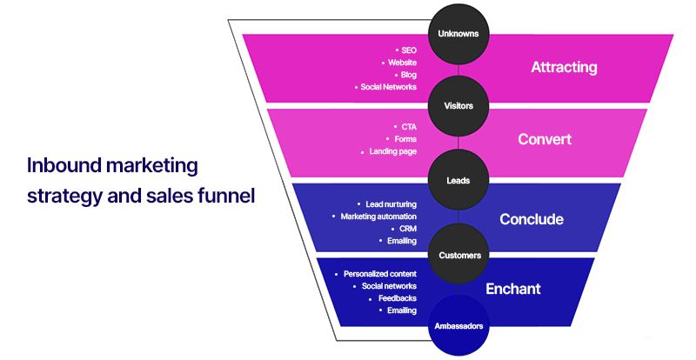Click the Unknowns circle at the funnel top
click(x=458, y=34)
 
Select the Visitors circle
click(x=458, y=105)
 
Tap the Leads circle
click(x=458, y=181)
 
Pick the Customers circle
click(x=458, y=255)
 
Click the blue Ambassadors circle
click(x=458, y=326)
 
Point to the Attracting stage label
click(x=564, y=67)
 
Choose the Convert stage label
click(x=545, y=139)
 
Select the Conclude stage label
click(x=532, y=218)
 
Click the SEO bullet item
click(x=408, y=50)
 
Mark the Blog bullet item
click(x=406, y=75)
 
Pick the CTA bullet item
click(x=408, y=126)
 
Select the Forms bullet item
click(x=405, y=138)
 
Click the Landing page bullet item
click(x=392, y=151)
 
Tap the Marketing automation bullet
click(x=378, y=216)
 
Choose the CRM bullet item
click(x=406, y=228)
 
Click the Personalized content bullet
click(x=379, y=273)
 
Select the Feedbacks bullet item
click(x=398, y=298)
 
